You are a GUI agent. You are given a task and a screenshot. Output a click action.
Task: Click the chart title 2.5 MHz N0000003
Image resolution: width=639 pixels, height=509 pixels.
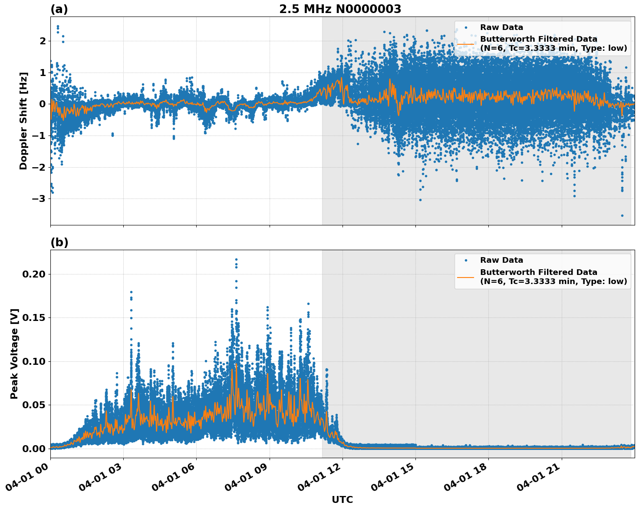pos(340,9)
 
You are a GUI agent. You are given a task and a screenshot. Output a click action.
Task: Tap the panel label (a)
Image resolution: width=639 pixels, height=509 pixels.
pos(59,9)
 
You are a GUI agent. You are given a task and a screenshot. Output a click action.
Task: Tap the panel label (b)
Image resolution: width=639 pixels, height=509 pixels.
pos(59,242)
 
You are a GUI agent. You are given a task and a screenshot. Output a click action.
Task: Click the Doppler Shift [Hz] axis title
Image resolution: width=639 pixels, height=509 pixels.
pos(23,121)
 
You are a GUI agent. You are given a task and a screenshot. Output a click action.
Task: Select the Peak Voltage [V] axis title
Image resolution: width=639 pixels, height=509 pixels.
pos(14,354)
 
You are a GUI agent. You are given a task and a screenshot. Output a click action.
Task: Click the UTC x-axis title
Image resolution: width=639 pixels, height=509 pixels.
pos(342,499)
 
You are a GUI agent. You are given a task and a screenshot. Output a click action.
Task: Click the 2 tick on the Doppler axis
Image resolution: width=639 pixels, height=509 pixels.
pos(43,41)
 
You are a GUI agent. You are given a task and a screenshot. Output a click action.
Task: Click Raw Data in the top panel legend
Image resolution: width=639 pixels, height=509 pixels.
pos(501,27)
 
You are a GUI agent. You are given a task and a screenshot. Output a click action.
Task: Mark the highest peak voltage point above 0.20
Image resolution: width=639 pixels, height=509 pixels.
pos(236,259)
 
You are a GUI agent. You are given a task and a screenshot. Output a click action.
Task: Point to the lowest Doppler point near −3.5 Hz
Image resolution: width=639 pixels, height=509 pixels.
pos(622,215)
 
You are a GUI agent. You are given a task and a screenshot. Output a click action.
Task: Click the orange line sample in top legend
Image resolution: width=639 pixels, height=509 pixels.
pos(465,44)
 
